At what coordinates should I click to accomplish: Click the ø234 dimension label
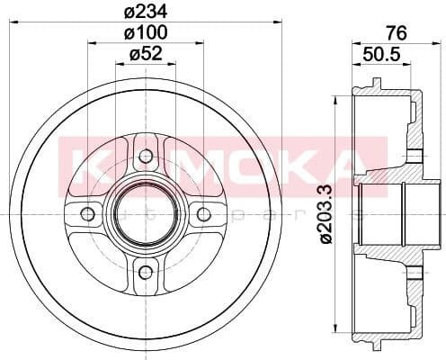(145, 12)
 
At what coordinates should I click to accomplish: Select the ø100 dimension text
(145, 33)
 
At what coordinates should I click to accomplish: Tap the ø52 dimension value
(145, 55)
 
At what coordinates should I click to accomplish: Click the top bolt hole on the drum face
(145, 157)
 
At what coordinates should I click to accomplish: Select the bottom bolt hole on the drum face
(145, 271)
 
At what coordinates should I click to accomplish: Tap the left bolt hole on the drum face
(88, 214)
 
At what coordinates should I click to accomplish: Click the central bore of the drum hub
(145, 214)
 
